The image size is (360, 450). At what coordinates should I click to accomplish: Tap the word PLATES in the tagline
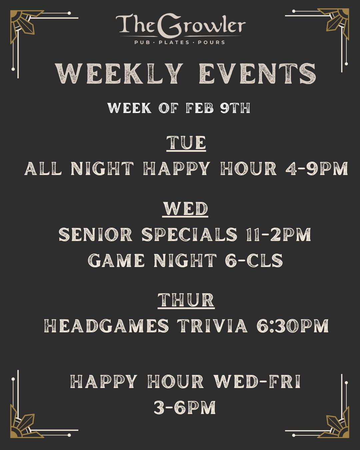coord(174,42)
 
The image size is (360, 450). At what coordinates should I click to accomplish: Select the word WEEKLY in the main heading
coord(119,74)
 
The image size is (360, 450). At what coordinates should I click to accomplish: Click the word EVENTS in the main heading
coord(257,74)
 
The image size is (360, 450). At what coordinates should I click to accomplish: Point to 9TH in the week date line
coord(235,108)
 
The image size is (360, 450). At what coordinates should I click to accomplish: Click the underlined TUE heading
coord(186,143)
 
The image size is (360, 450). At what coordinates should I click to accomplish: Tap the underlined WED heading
coord(185,209)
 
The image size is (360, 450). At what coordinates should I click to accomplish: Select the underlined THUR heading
coord(186,300)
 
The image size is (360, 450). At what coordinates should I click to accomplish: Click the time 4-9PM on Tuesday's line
coord(316,169)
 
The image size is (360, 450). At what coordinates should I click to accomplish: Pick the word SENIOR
coord(96,235)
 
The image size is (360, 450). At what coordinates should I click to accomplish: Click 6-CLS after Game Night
coord(254,260)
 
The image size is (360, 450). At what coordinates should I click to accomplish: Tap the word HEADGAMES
coord(106,326)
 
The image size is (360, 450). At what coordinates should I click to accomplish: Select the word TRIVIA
coord(212,326)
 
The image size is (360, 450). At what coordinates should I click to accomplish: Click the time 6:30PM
coord(293,326)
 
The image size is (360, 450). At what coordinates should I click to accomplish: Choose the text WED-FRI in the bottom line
coord(257,382)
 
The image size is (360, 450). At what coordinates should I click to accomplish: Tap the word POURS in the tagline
coord(211,42)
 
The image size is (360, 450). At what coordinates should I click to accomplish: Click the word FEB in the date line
coord(200,108)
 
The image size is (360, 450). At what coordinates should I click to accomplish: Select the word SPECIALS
coord(190,235)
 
